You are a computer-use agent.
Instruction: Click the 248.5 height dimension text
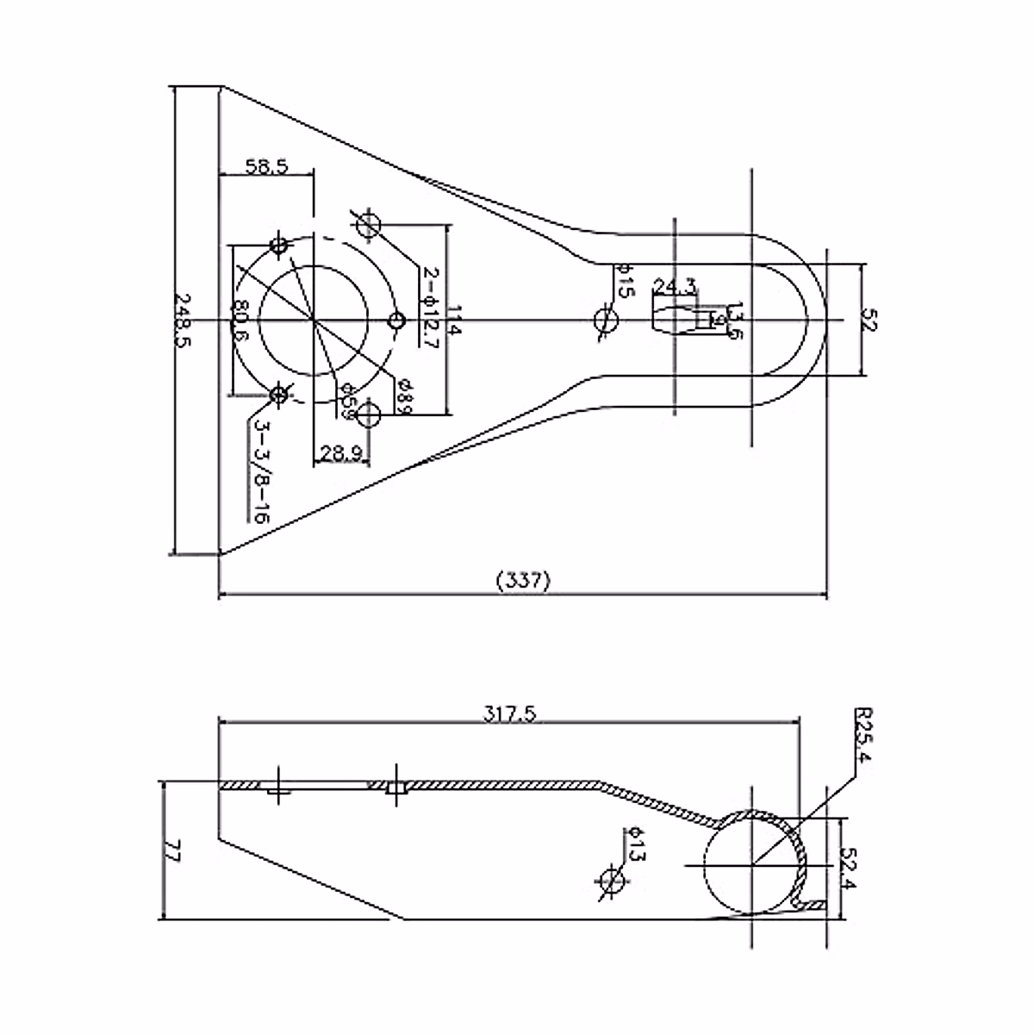tap(184, 321)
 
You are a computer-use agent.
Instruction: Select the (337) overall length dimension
tap(523, 581)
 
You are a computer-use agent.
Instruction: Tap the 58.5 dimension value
tap(266, 167)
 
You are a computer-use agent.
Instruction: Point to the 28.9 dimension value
tap(340, 452)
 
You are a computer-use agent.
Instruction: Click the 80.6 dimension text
tap(241, 321)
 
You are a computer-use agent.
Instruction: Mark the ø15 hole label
tap(624, 282)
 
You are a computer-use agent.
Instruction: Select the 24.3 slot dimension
tap(675, 285)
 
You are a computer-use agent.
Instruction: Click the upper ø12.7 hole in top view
tap(369, 223)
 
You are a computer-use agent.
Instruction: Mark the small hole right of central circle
tap(396, 321)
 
